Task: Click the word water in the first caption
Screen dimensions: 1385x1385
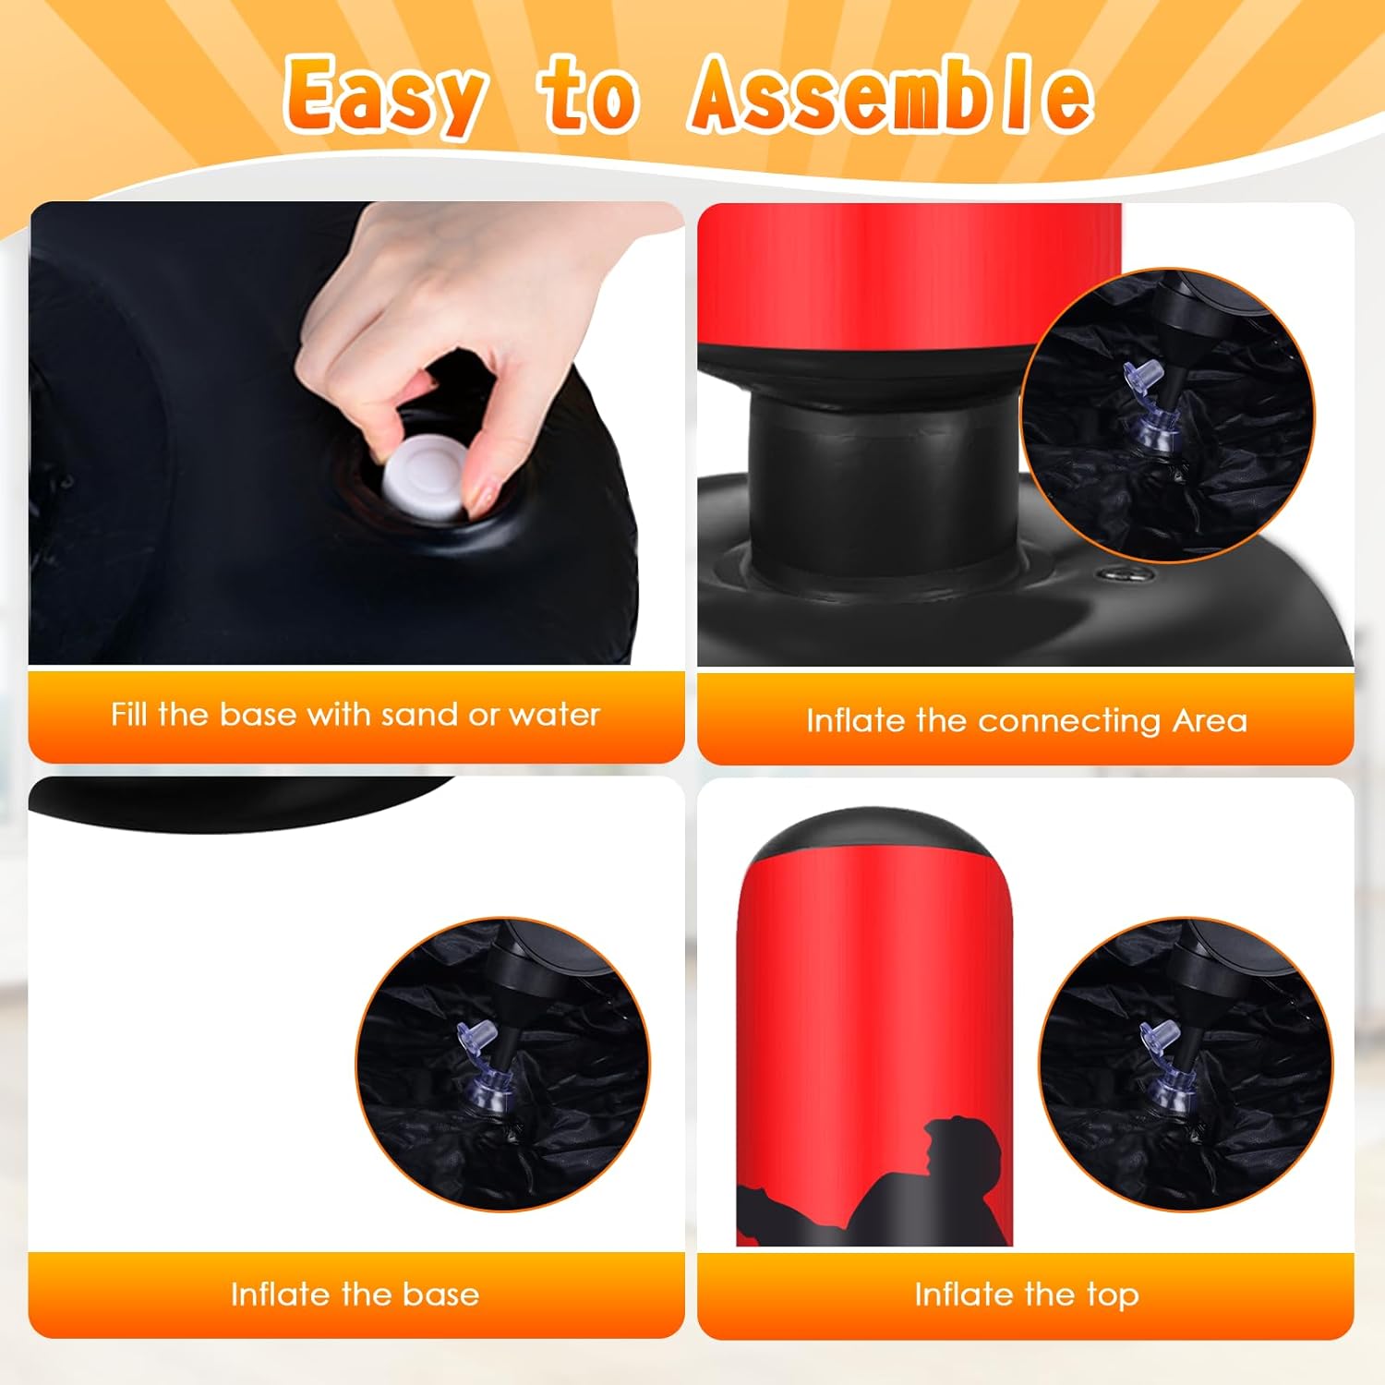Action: coord(554,714)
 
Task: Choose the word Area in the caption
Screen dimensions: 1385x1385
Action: coord(1210,720)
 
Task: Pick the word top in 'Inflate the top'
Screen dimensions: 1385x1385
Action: coord(1113,1295)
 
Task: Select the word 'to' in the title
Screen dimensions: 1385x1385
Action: coord(589,96)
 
